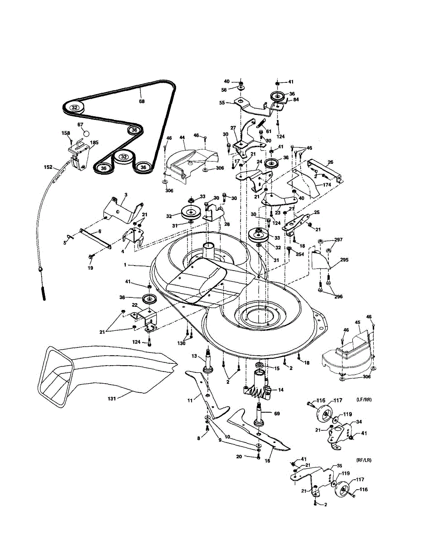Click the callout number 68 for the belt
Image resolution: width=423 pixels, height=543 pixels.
[142, 101]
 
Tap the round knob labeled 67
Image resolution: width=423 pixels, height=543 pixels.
[87, 134]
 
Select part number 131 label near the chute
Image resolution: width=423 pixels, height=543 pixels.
[111, 398]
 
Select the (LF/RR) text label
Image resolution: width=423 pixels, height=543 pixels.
[365, 400]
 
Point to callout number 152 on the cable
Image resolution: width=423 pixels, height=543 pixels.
[48, 167]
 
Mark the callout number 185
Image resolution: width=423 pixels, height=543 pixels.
[94, 143]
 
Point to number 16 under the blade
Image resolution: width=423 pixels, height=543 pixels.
[267, 461]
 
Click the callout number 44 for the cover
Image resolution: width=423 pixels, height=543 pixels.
[183, 137]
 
